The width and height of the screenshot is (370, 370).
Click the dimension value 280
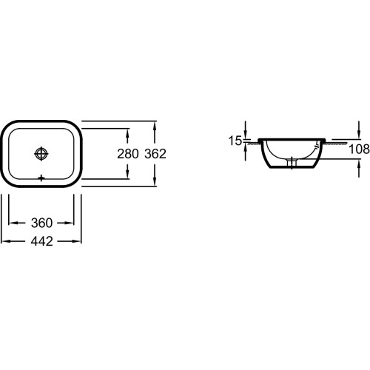(x=128, y=154)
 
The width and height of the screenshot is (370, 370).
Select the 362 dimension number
(x=155, y=154)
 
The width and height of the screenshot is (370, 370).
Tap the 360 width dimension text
(x=41, y=223)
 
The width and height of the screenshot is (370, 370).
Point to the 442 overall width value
(x=41, y=241)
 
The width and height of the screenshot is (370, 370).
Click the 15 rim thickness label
(x=235, y=141)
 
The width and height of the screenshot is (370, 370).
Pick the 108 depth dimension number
(x=360, y=149)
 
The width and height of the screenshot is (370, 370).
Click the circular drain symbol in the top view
(x=41, y=154)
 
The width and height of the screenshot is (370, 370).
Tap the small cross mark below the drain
(x=41, y=178)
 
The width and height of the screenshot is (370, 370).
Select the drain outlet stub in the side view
(x=292, y=163)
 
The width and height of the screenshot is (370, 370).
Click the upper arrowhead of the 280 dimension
(x=127, y=132)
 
